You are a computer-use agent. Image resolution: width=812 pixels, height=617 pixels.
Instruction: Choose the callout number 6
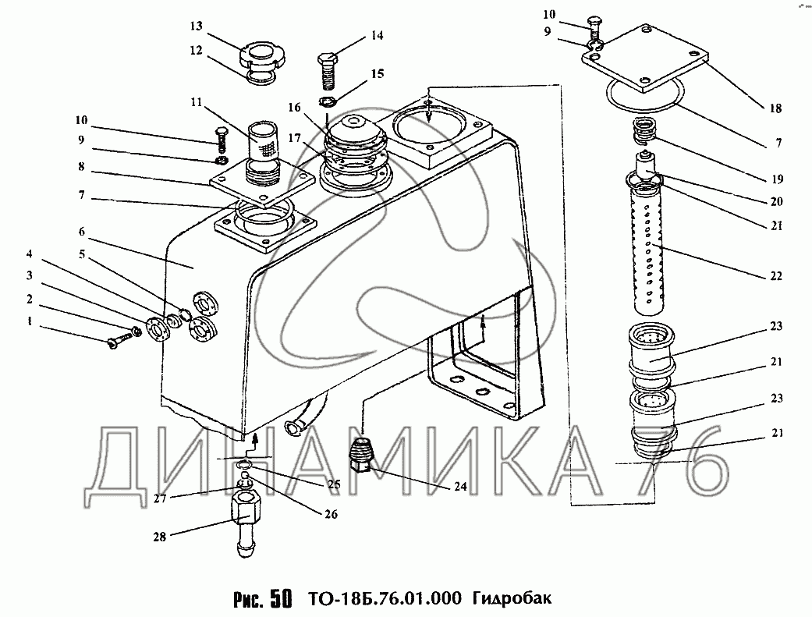point(81,231)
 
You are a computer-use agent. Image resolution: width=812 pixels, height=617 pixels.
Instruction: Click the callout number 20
point(776,201)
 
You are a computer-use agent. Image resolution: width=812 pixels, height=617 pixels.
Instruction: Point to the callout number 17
point(295,138)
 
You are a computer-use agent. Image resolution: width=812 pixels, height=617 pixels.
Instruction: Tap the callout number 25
point(334,484)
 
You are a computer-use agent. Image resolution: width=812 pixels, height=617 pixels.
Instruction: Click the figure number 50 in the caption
point(279,598)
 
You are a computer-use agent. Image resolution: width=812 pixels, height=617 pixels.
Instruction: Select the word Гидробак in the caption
point(512,598)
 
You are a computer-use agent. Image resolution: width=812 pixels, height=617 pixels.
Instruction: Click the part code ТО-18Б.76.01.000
point(385,598)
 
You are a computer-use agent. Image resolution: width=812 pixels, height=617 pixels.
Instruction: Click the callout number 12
point(196,51)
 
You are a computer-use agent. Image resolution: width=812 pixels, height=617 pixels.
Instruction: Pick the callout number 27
point(161,498)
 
